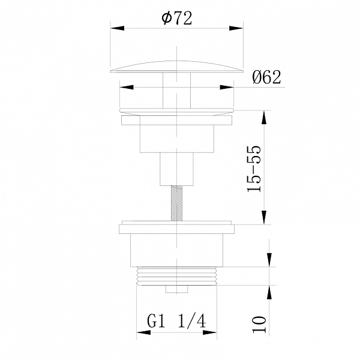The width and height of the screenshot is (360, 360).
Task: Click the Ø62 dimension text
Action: coord(266,77)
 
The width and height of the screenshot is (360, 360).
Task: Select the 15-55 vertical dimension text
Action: coord(254,169)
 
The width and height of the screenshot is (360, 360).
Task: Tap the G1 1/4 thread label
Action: coord(176,321)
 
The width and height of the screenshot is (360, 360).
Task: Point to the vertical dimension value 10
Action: coord(259,324)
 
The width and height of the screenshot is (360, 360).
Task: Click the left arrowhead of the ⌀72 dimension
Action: coord(118,28)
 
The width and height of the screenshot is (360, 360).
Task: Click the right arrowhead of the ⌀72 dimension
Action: coord(236,28)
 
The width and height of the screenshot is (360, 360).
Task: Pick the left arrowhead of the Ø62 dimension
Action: coord(127,87)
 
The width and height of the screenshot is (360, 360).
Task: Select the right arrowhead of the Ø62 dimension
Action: coord(227,87)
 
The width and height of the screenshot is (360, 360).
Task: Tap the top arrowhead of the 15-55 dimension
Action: coord(264,118)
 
